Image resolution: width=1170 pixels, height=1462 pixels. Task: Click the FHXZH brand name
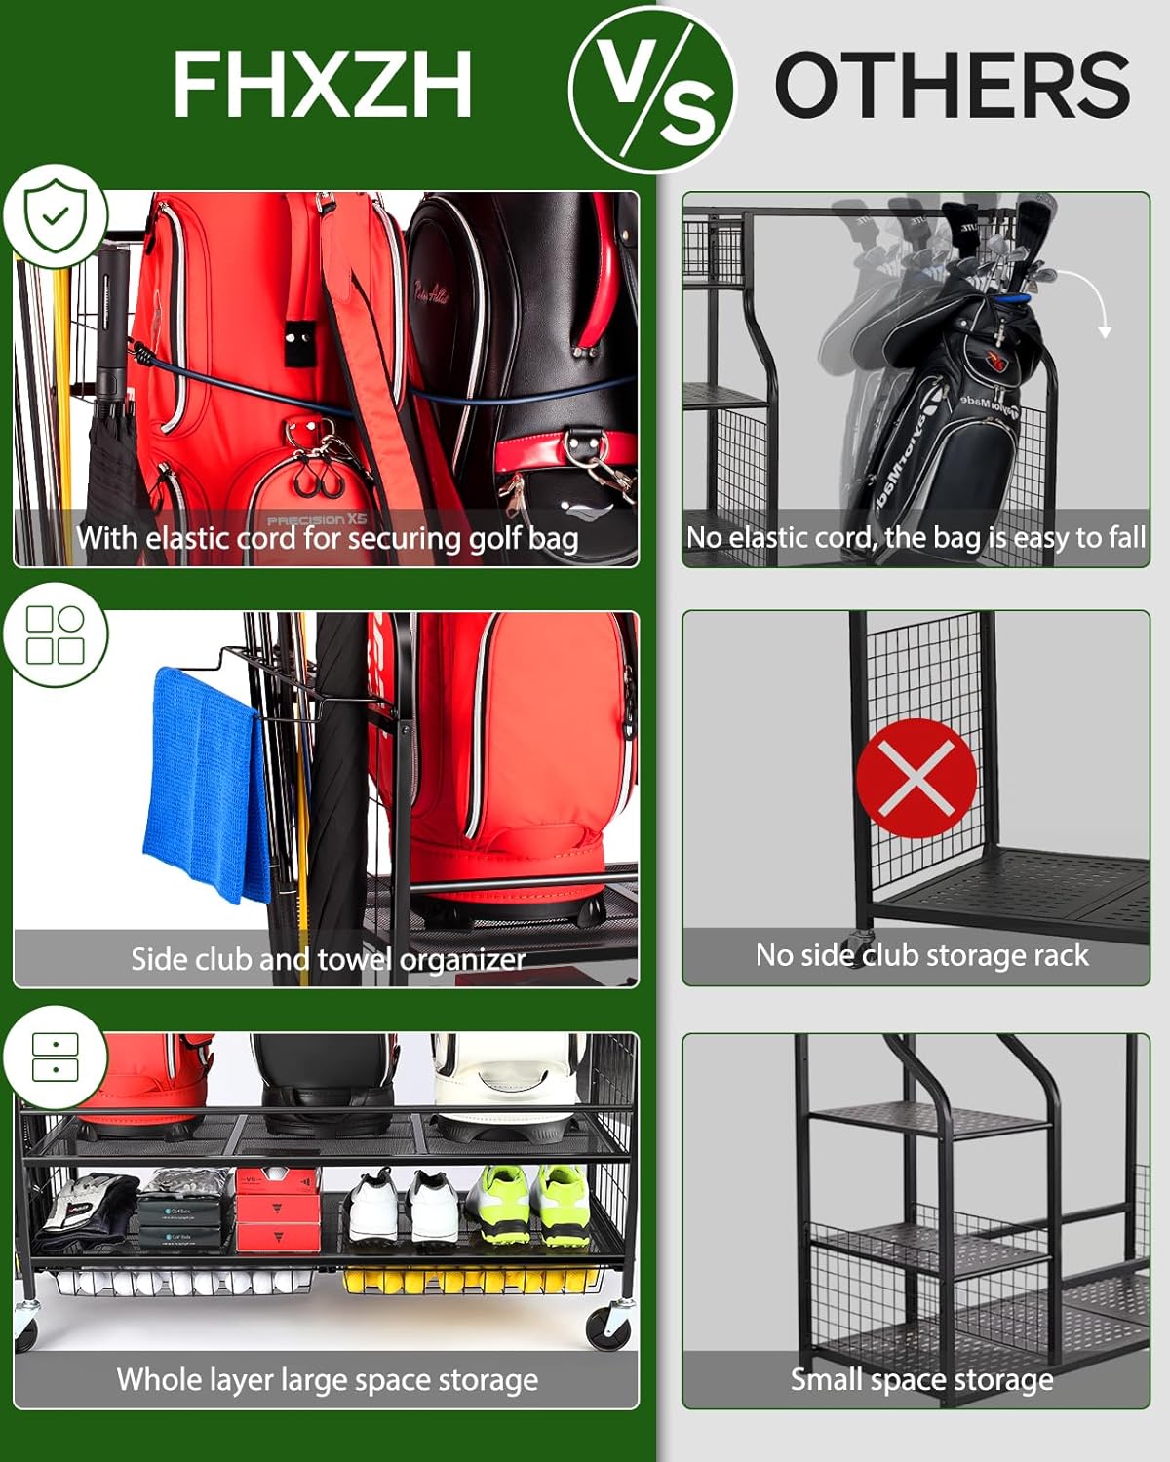[322, 85]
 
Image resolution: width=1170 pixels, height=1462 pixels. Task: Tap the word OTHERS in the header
[951, 85]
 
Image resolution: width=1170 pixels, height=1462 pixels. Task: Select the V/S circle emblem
[650, 90]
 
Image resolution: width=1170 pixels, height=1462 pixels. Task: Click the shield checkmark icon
[56, 215]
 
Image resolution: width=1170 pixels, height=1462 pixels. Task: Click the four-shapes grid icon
[56, 635]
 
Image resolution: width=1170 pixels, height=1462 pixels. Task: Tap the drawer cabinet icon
[55, 1057]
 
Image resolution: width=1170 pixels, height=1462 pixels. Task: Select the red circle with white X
[916, 778]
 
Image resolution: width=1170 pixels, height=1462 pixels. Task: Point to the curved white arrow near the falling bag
[1082, 297]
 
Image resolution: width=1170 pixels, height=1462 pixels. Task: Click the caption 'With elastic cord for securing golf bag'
[328, 538]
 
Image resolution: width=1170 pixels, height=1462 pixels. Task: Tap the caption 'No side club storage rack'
[921, 955]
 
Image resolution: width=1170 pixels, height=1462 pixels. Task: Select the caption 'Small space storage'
[921, 1379]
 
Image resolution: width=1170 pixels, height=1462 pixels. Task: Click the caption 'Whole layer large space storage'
[328, 1379]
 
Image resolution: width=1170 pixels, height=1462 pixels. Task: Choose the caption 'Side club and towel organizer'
[328, 959]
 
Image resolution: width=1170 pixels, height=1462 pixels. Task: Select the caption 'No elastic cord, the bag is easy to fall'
[916, 537]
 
